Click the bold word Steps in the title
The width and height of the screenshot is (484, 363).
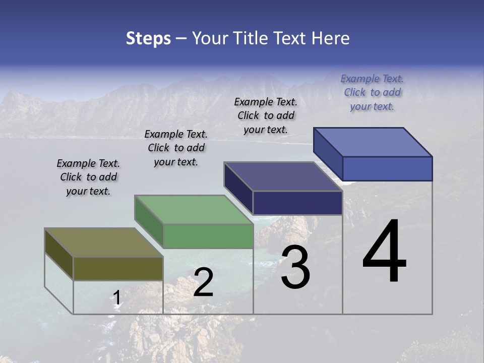click(148, 38)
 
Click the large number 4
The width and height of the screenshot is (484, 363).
click(384, 252)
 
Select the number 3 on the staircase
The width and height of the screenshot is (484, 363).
click(295, 267)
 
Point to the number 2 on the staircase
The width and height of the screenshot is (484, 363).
click(203, 283)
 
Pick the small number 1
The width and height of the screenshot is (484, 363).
click(116, 298)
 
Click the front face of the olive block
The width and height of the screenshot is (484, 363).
click(118, 268)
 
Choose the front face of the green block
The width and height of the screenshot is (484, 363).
click(208, 236)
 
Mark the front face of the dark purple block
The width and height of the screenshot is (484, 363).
click(297, 203)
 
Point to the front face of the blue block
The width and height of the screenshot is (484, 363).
click(387, 168)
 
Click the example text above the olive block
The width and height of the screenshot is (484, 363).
click(88, 177)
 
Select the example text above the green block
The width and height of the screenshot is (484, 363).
click(176, 148)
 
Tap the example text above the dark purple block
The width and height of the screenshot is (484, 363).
click(266, 115)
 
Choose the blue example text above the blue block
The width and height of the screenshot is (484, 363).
click(372, 92)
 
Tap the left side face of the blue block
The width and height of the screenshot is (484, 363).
click(328, 154)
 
